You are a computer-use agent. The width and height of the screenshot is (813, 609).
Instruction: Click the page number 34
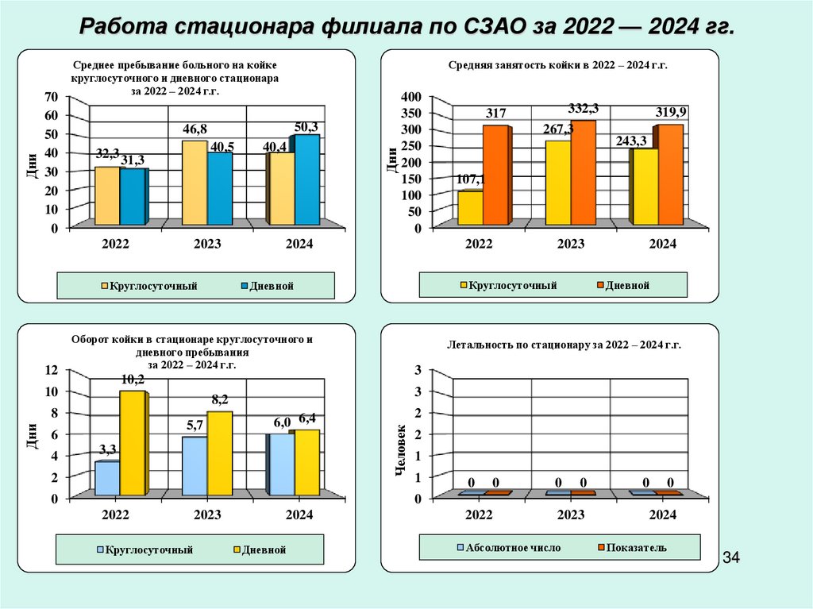(x=730, y=560)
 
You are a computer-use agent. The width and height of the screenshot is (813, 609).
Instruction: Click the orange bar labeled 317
(x=496, y=175)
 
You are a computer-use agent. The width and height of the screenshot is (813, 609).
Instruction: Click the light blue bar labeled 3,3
(x=107, y=478)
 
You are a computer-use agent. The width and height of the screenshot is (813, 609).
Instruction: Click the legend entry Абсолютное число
(x=507, y=548)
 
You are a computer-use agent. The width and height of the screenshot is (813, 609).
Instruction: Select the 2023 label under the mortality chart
(x=571, y=515)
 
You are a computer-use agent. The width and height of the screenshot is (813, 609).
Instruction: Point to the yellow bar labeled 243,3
(x=645, y=187)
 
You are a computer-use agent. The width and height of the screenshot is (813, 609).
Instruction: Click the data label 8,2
(x=219, y=399)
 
